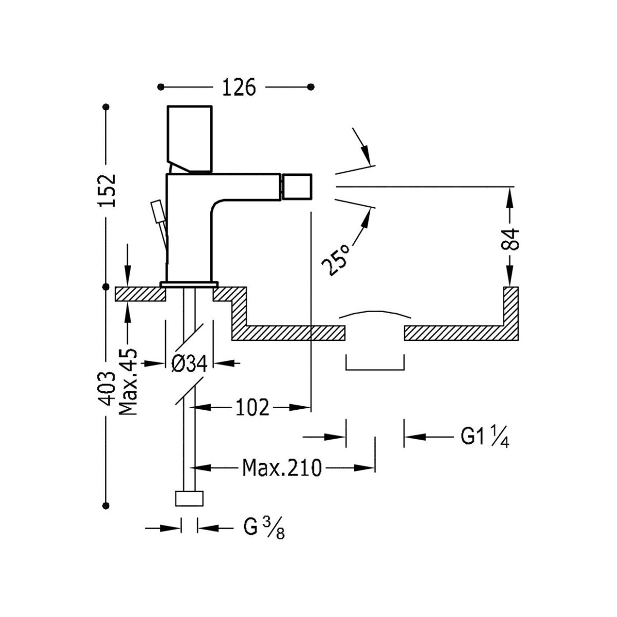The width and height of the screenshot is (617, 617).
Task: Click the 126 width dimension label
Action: (239, 87)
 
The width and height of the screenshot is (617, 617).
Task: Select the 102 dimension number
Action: (252, 408)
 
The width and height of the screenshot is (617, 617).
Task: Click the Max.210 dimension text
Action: (282, 468)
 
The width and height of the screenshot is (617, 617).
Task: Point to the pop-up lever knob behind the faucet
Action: (155, 210)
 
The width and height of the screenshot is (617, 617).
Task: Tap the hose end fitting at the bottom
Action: (190, 499)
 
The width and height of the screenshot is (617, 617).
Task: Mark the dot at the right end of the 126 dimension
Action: (311, 87)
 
